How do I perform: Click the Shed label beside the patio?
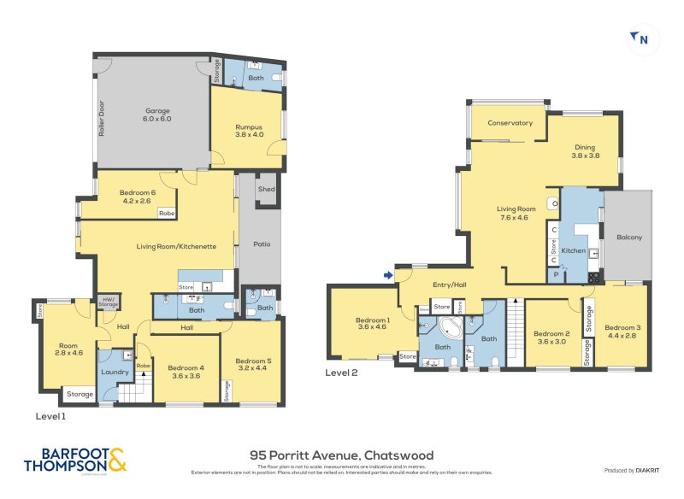267,189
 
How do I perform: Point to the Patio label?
262,244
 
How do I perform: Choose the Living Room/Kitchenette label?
176,246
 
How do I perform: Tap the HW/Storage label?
108,301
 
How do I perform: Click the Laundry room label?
115,372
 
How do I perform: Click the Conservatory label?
510,123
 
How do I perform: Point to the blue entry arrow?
388,275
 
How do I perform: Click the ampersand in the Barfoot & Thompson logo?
117,461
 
